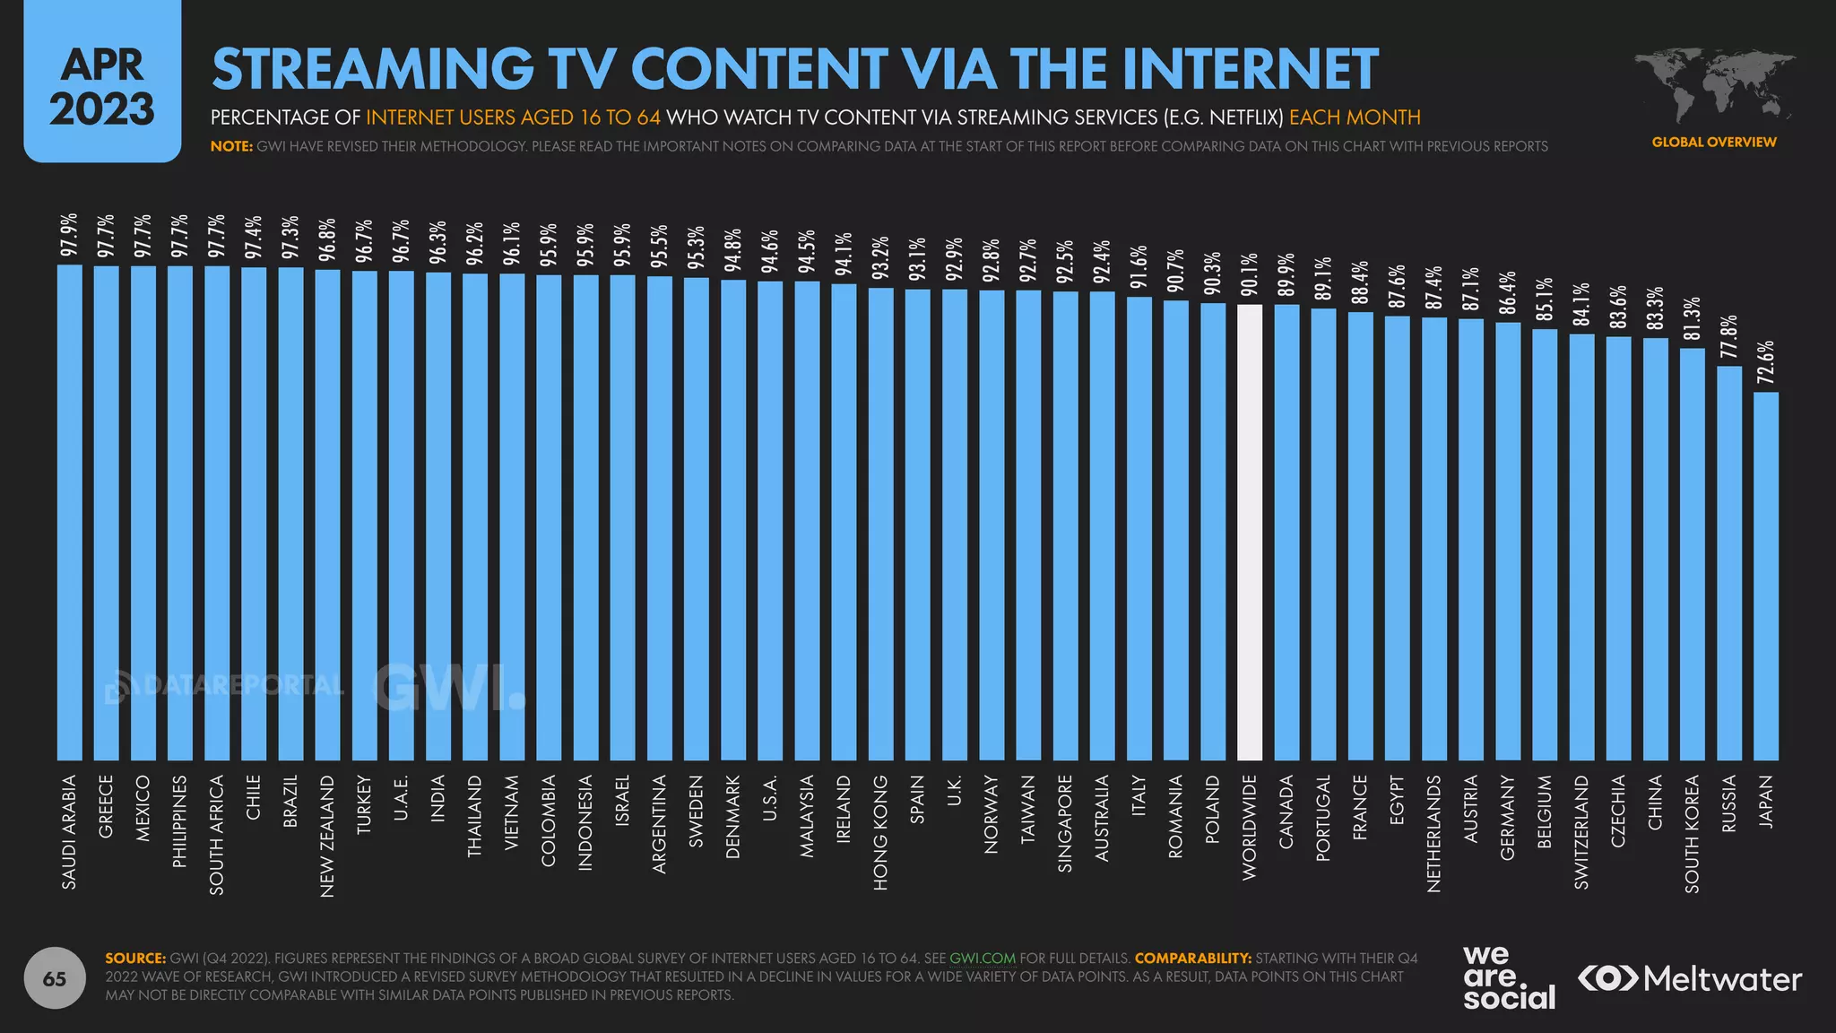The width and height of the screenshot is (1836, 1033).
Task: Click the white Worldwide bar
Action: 1249,533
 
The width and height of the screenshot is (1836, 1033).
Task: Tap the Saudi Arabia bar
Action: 70,512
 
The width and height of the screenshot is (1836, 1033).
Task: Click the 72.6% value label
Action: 1765,362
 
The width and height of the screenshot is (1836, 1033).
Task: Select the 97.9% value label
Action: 70,235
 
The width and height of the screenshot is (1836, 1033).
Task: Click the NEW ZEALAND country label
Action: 327,836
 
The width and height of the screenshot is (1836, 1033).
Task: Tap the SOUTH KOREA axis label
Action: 1692,834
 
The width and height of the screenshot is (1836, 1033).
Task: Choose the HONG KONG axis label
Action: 880,833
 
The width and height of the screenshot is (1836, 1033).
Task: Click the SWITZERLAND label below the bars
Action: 1581,833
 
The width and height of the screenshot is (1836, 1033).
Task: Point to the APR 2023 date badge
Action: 102,83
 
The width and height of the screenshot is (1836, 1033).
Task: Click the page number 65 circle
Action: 55,978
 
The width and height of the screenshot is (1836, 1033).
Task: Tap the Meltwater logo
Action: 1689,978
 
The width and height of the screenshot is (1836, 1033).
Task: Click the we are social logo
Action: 1508,977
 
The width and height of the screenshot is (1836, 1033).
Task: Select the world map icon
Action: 1712,85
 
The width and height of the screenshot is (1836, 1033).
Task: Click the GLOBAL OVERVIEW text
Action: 1713,142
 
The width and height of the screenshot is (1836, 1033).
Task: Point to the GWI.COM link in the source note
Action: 982,958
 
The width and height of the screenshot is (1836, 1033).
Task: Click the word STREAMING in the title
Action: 372,69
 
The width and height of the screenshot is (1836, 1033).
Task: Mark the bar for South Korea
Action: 1692,554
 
